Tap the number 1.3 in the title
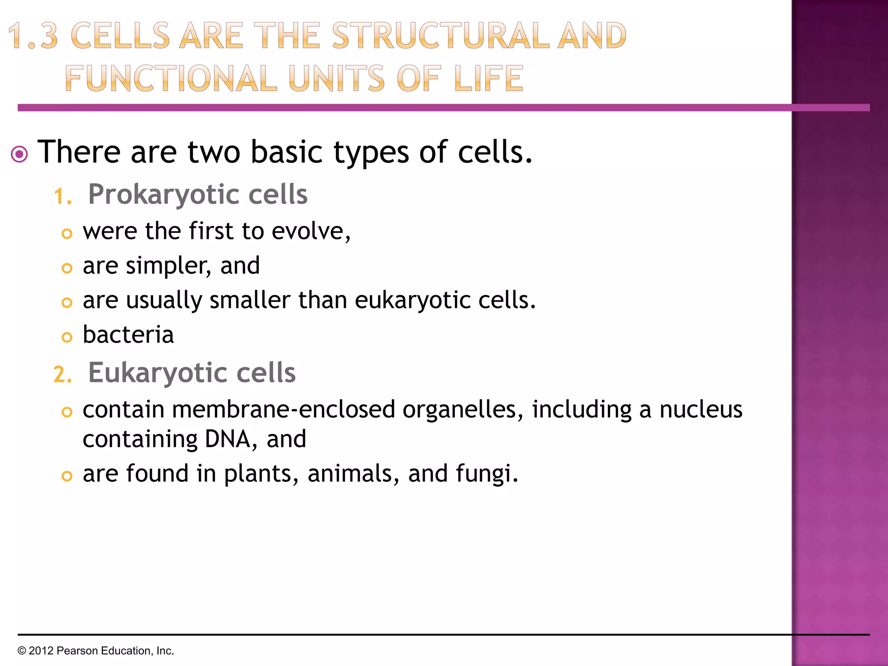[x=33, y=36]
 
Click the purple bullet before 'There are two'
[x=20, y=154]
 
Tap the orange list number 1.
[x=62, y=196]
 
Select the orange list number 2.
[x=62, y=374]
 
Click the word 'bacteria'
[x=128, y=335]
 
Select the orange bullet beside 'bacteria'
[x=67, y=337]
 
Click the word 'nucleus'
[x=701, y=409]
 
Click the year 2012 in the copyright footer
[x=41, y=651]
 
